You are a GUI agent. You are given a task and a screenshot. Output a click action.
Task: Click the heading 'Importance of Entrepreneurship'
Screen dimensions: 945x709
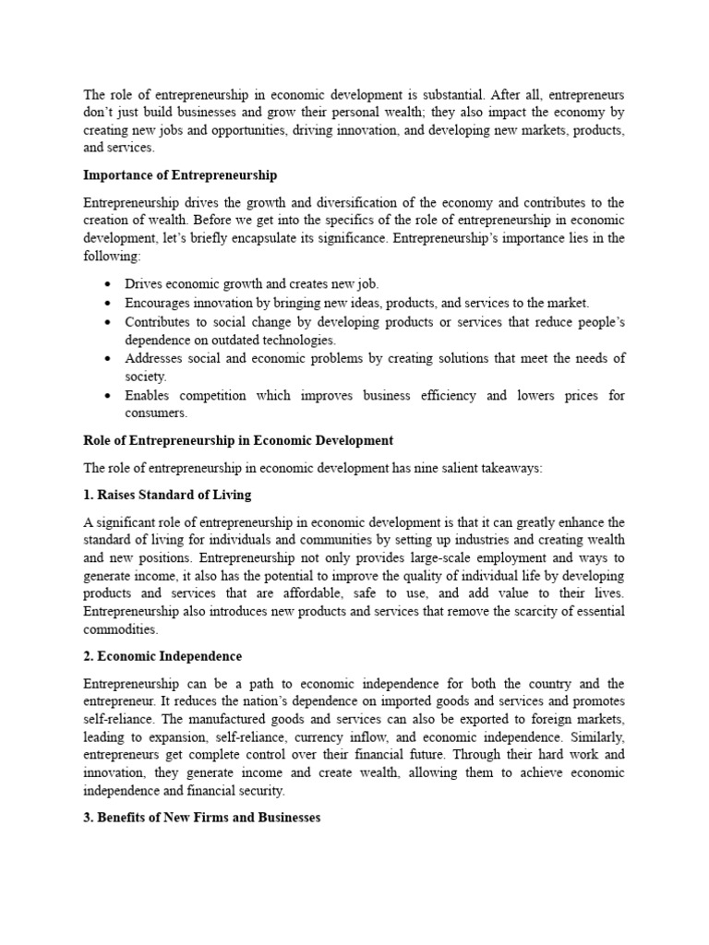click(180, 174)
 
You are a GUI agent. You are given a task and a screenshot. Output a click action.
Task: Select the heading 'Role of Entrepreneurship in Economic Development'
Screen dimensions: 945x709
click(238, 440)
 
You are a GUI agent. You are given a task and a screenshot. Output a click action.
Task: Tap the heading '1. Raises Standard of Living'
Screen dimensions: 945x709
click(167, 495)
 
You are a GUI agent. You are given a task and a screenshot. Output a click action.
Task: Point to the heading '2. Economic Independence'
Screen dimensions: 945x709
click(162, 656)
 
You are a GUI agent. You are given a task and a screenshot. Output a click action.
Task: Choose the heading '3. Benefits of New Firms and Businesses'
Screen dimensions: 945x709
click(202, 818)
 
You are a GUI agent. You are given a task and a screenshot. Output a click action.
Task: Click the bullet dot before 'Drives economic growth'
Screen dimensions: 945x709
click(109, 284)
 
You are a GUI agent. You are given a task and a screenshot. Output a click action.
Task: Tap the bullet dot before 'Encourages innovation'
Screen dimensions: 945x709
click(109, 303)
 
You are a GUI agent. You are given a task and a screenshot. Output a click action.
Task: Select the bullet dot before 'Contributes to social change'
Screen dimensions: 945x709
click(109, 321)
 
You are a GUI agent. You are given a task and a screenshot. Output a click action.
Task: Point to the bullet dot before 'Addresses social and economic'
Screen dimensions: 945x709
click(109, 358)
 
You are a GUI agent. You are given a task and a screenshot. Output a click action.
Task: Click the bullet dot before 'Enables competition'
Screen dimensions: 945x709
click(109, 395)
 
